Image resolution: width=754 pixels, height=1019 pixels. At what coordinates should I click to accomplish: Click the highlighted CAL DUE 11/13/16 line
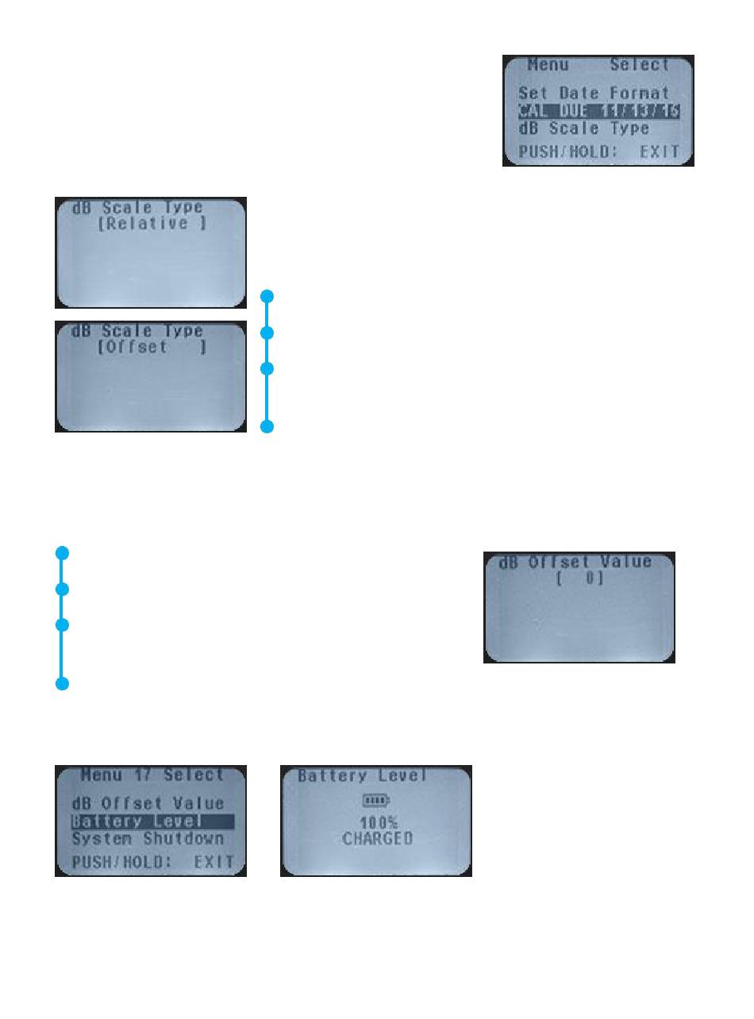click(x=598, y=111)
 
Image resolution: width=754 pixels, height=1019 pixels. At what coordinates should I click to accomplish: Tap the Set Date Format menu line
click(x=594, y=93)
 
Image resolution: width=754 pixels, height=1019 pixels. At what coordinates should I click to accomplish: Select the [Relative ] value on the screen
click(x=152, y=223)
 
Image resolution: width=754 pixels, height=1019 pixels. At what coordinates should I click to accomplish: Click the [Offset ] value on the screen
click(x=152, y=347)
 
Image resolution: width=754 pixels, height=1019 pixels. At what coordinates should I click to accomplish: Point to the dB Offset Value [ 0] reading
click(x=579, y=579)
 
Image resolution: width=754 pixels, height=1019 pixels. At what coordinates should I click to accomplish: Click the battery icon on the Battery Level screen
click(x=377, y=800)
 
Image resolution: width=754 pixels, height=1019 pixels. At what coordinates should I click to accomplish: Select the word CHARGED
click(x=377, y=838)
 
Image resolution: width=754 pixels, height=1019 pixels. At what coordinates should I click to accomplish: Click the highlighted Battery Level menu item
click(x=137, y=821)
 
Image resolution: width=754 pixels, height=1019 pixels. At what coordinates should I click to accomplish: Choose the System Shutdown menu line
click(x=148, y=839)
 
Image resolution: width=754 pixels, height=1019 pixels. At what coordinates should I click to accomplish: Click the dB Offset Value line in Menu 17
click(x=148, y=804)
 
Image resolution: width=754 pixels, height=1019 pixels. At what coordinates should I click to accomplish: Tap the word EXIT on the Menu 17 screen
click(x=214, y=861)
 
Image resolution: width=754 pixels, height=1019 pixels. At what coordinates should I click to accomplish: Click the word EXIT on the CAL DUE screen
click(x=660, y=151)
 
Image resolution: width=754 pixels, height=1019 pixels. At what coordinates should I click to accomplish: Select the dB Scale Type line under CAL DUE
click(x=583, y=129)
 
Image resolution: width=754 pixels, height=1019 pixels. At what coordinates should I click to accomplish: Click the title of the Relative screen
click(x=137, y=207)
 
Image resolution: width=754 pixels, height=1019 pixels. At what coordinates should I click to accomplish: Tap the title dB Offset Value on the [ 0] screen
click(x=575, y=562)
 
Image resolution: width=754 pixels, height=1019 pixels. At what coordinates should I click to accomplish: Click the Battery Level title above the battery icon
click(x=362, y=775)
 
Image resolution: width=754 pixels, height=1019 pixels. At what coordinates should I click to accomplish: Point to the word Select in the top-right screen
click(x=639, y=65)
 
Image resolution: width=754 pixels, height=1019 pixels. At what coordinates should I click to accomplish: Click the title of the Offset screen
click(x=137, y=331)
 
